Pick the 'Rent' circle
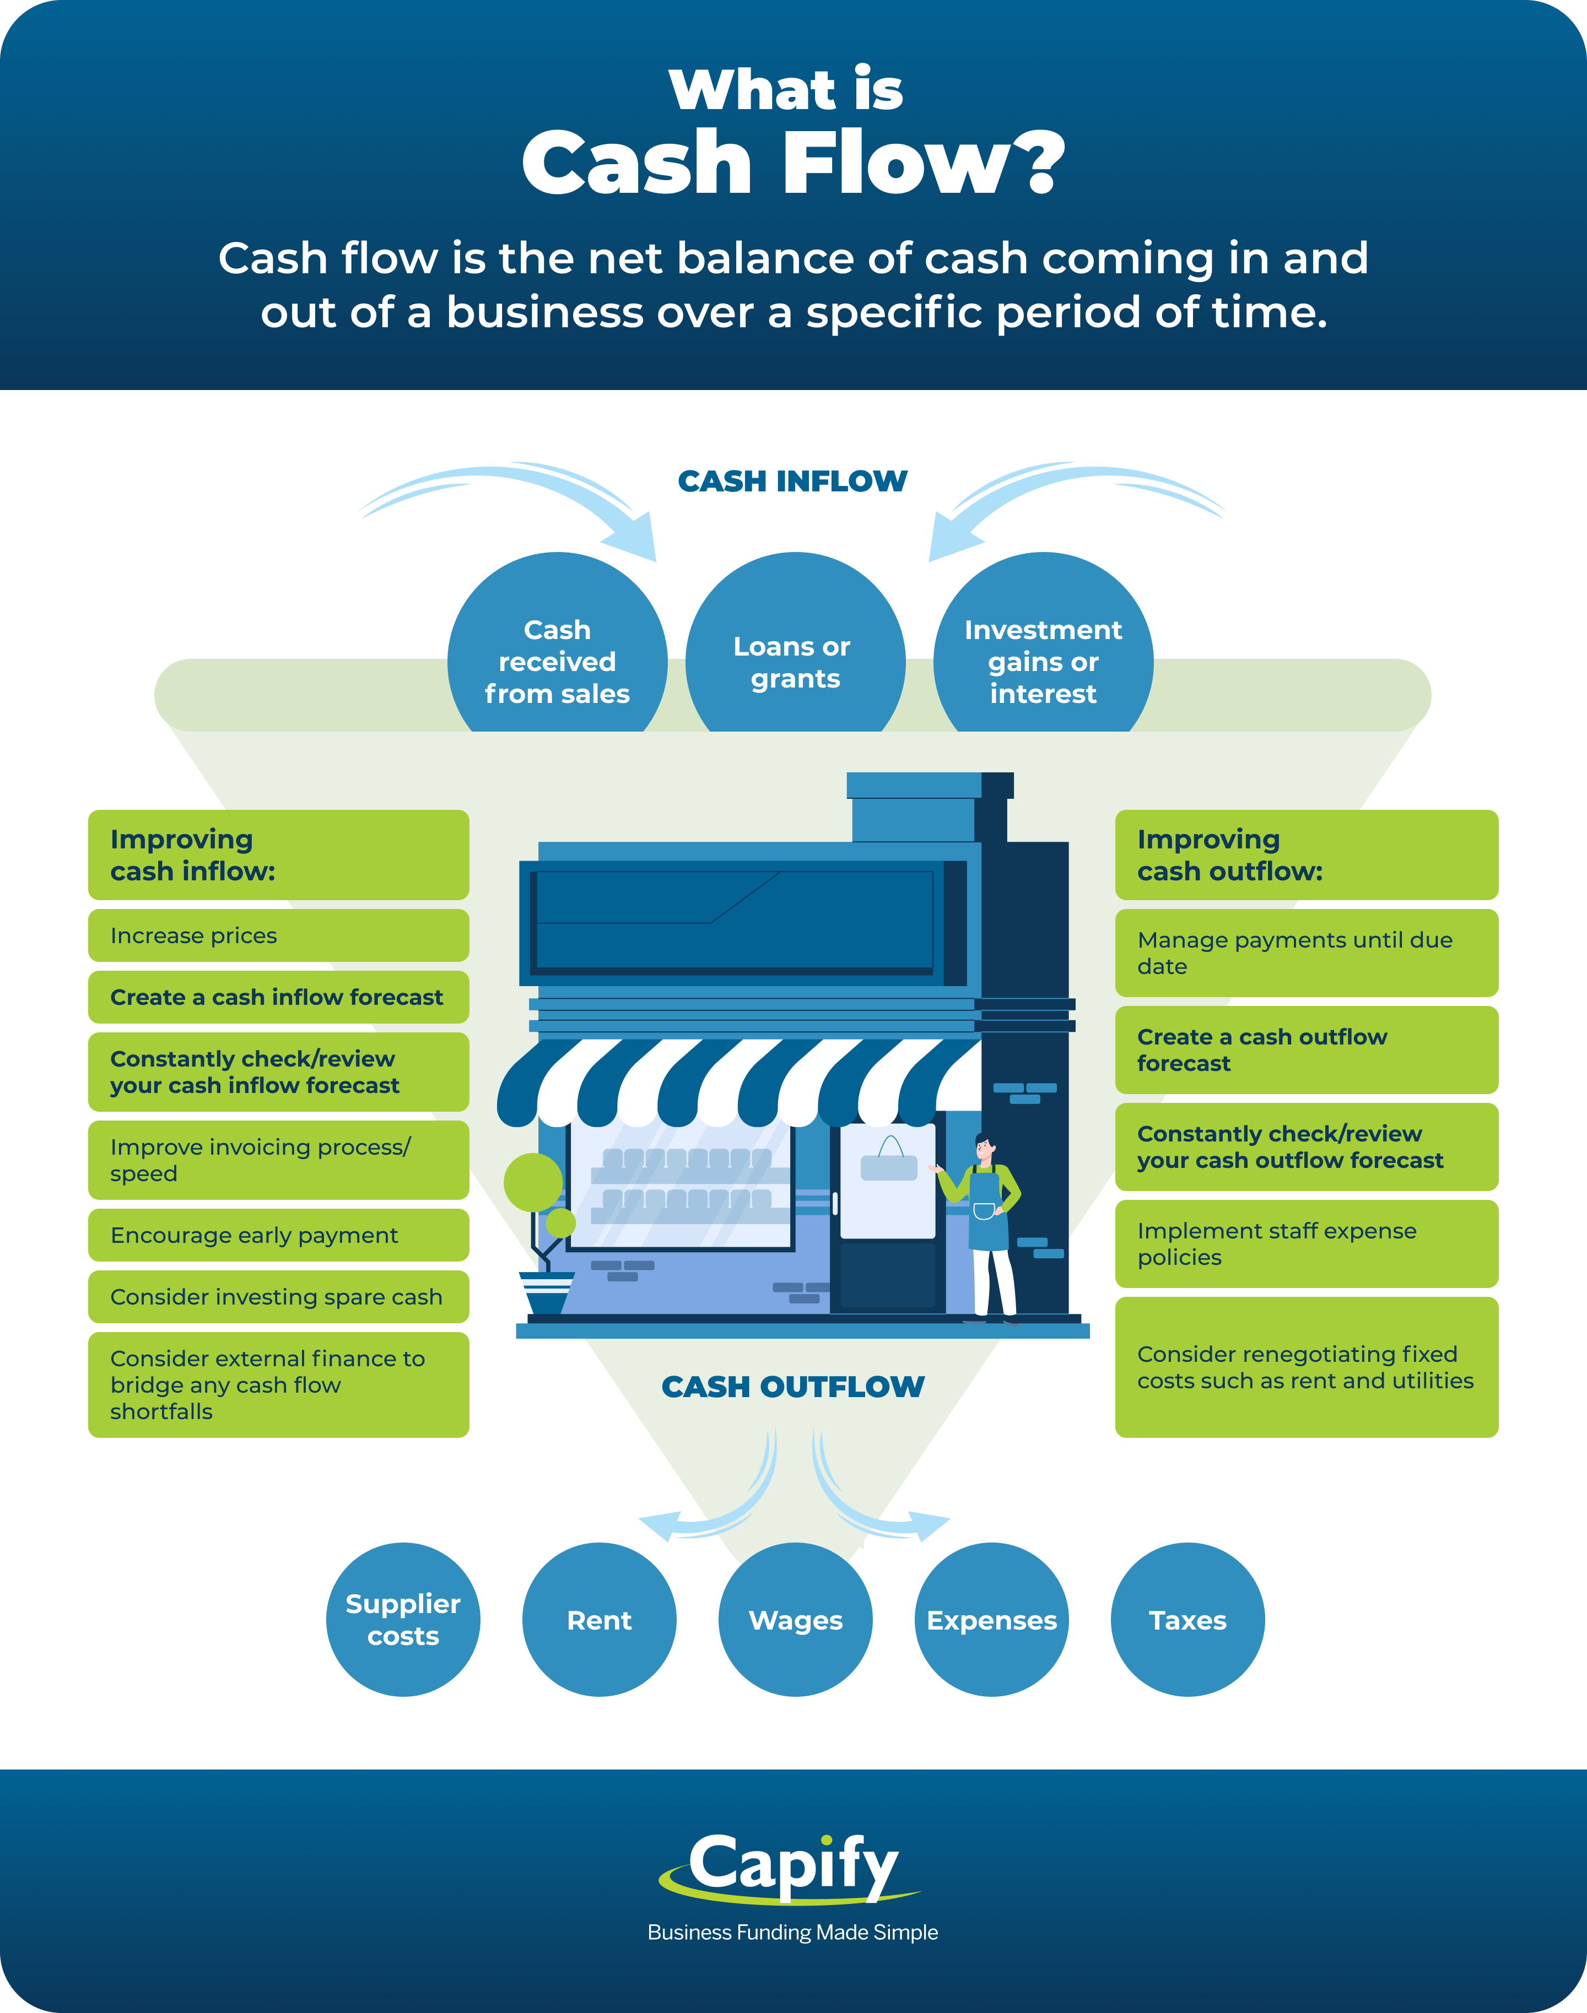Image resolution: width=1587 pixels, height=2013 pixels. [600, 1619]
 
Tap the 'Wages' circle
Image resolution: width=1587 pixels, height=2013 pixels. [795, 1619]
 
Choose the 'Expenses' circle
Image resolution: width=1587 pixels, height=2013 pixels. [991, 1619]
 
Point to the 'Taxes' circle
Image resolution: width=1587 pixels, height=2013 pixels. [1187, 1619]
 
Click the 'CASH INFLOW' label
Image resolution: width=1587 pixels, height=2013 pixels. [792, 481]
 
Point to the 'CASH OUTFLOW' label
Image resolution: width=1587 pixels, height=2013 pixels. [792, 1386]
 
